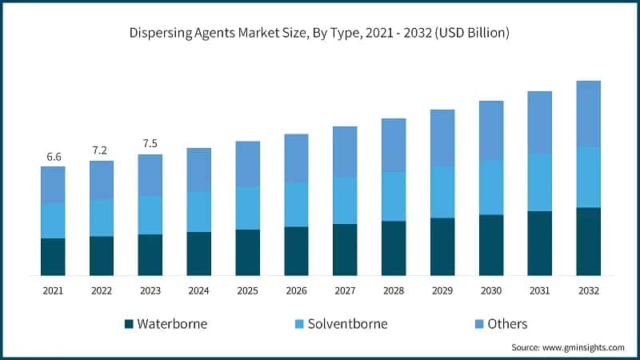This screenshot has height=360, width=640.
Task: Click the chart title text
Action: [x=320, y=33]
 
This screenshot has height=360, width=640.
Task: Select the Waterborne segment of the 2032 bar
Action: [x=588, y=241]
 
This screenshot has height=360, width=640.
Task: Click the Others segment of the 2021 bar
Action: [x=54, y=185]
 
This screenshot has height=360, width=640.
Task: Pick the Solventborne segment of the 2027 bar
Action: [x=345, y=200]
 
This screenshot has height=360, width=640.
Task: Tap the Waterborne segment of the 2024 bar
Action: [x=199, y=254]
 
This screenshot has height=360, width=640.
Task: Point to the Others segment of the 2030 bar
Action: [x=490, y=130]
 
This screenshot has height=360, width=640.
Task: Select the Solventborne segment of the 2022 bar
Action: [x=102, y=218]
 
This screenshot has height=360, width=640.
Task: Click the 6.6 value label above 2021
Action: [x=54, y=157]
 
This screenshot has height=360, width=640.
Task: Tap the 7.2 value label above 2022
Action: [x=102, y=150]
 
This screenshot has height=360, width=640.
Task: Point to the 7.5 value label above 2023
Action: [x=150, y=144]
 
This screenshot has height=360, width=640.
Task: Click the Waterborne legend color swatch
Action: [x=129, y=324]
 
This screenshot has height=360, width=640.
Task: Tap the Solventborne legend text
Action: [x=348, y=324]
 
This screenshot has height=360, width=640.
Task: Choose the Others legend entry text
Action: [x=507, y=324]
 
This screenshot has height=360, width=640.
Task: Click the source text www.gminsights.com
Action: [x=568, y=347]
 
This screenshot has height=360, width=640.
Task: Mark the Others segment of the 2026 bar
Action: [x=296, y=158]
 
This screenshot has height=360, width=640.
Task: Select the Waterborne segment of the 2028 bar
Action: [x=394, y=248]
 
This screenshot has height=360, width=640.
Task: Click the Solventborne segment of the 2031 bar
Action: [x=539, y=182]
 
